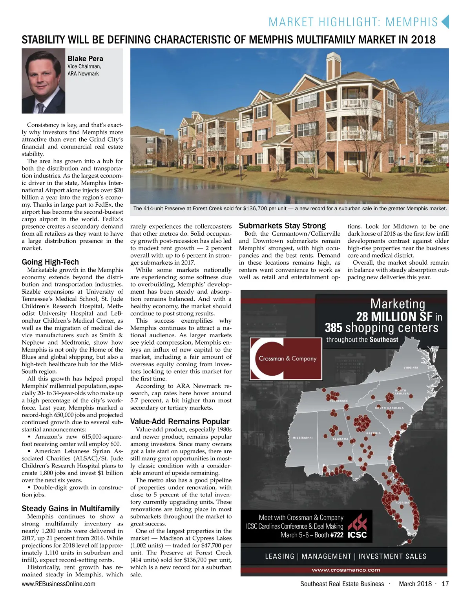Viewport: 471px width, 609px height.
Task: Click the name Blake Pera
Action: tap(85, 58)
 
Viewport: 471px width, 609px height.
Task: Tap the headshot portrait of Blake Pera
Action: tap(44, 81)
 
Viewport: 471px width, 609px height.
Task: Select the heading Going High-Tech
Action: tap(50, 262)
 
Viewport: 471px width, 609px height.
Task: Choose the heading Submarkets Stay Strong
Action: tap(282, 225)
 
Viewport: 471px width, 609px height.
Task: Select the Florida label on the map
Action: tap(402, 502)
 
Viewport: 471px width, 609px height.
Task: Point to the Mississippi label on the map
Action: tap(302, 438)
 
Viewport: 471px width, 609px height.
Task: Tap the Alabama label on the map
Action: tap(340, 439)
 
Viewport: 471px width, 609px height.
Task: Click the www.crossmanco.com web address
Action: tap(346, 570)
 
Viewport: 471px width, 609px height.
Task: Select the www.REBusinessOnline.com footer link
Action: tap(58, 584)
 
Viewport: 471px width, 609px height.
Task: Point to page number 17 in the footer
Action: tap(445, 584)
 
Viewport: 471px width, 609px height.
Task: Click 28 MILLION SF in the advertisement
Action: tap(394, 316)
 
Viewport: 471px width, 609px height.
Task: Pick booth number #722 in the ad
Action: tap(336, 535)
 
